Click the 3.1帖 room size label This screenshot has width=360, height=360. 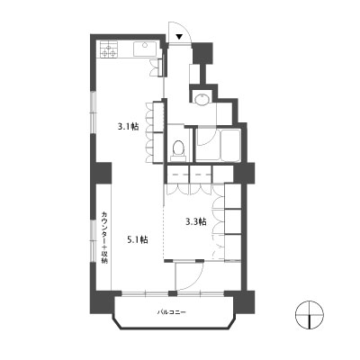pyautogui.click(x=128, y=127)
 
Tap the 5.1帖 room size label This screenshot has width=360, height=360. pyautogui.click(x=138, y=239)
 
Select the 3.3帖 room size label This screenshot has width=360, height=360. pyautogui.click(x=196, y=222)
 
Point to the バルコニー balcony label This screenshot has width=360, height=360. pyautogui.click(x=172, y=312)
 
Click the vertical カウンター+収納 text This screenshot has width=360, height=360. pyautogui.click(x=104, y=238)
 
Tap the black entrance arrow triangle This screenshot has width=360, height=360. pyautogui.click(x=179, y=37)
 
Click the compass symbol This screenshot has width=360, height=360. pyautogui.click(x=310, y=315)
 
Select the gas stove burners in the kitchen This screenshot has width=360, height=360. pyautogui.click(x=108, y=49)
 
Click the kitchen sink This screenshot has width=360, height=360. pyautogui.click(x=145, y=49)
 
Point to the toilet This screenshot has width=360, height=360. pyautogui.click(x=178, y=150)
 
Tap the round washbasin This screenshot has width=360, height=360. pyautogui.click(x=202, y=99)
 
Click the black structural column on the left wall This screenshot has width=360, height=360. pyautogui.click(x=102, y=173)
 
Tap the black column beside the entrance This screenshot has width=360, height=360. pyautogui.click(x=202, y=53)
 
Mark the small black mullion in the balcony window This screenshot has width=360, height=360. pyautogui.click(x=172, y=293)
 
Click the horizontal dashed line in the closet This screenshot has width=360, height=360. pyautogui.click(x=190, y=174)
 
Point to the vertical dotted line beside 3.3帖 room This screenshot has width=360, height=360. pyautogui.click(x=164, y=232)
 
